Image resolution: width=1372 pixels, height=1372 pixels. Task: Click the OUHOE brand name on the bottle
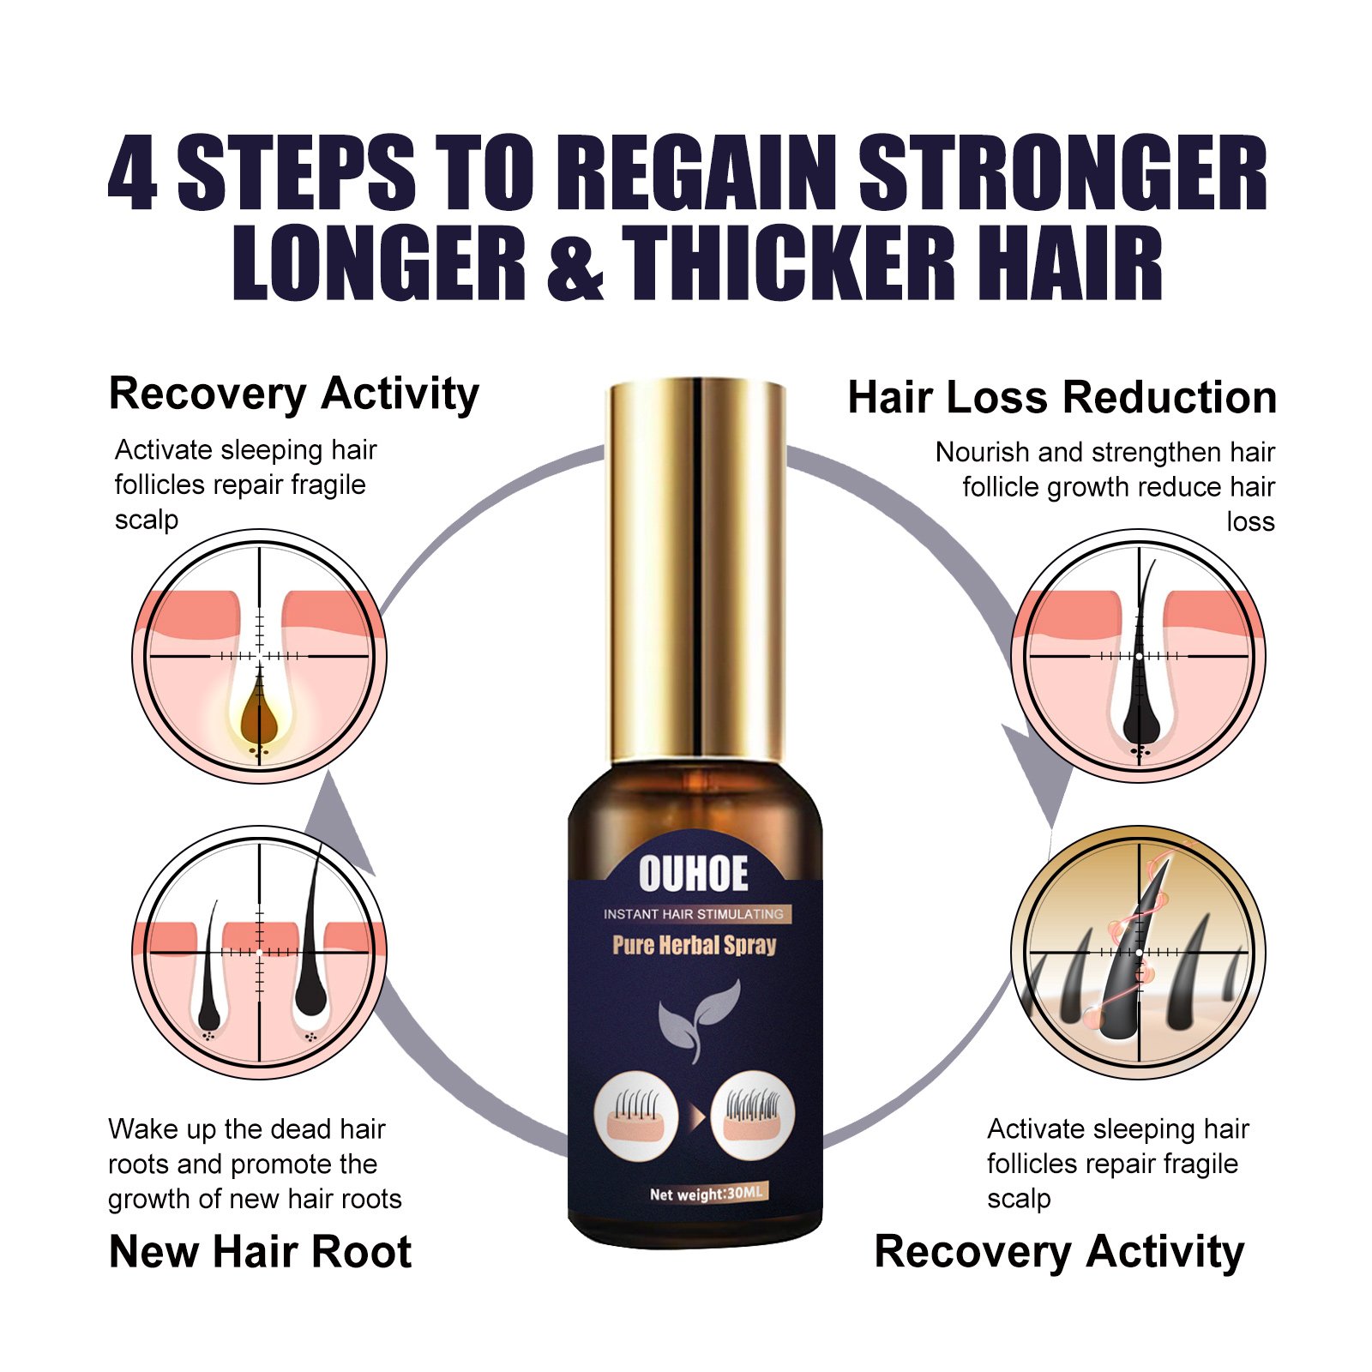(x=693, y=874)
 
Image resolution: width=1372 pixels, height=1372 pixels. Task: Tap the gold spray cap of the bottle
(x=696, y=569)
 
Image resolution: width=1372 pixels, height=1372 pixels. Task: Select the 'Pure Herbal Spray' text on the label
(x=694, y=945)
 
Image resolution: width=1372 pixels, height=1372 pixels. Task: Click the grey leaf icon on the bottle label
(x=698, y=1020)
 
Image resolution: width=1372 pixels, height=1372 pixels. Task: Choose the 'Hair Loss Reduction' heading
(x=1062, y=398)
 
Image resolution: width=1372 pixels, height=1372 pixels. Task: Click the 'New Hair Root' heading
(x=260, y=1251)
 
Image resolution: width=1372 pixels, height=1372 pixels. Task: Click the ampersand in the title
(x=574, y=263)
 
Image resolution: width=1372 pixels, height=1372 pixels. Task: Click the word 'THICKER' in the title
(x=788, y=263)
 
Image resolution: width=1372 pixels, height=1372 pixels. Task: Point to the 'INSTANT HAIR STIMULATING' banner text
(x=693, y=914)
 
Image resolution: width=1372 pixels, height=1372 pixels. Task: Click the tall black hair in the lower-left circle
(x=310, y=935)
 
